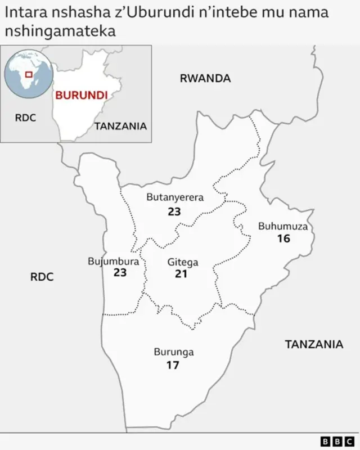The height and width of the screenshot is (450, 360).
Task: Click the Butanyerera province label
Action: tap(175, 197)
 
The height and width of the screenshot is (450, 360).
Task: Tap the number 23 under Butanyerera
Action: tap(174, 211)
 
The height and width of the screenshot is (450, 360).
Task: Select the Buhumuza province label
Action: tap(283, 227)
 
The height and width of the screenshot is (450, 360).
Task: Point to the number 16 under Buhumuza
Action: tap(283, 238)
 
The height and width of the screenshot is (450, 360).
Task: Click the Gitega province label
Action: tap(183, 262)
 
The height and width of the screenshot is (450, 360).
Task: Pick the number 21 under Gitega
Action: tap(181, 274)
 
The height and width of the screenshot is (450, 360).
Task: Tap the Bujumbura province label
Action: tap(113, 262)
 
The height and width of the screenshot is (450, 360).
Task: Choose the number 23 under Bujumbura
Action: tap(119, 273)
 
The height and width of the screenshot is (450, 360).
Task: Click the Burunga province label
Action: tap(174, 352)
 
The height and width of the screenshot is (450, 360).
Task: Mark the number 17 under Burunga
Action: tap(173, 365)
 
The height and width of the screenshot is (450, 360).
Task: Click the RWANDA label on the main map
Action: tap(205, 79)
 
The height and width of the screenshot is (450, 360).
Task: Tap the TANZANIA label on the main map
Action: tap(313, 344)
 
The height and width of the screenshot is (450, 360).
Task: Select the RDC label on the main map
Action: tap(42, 277)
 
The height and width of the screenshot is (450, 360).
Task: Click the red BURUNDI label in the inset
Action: tap(81, 95)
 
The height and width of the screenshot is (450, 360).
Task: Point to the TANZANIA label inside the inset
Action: tap(120, 126)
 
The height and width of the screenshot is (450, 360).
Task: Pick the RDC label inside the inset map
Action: tap(25, 118)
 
